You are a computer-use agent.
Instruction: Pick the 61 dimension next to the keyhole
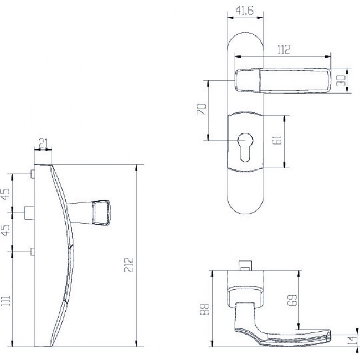click(279, 141)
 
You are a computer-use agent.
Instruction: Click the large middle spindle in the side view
click(28, 213)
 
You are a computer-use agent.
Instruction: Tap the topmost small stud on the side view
click(32, 174)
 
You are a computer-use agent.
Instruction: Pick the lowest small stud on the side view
click(32, 252)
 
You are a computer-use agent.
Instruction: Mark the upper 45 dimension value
click(6, 195)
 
